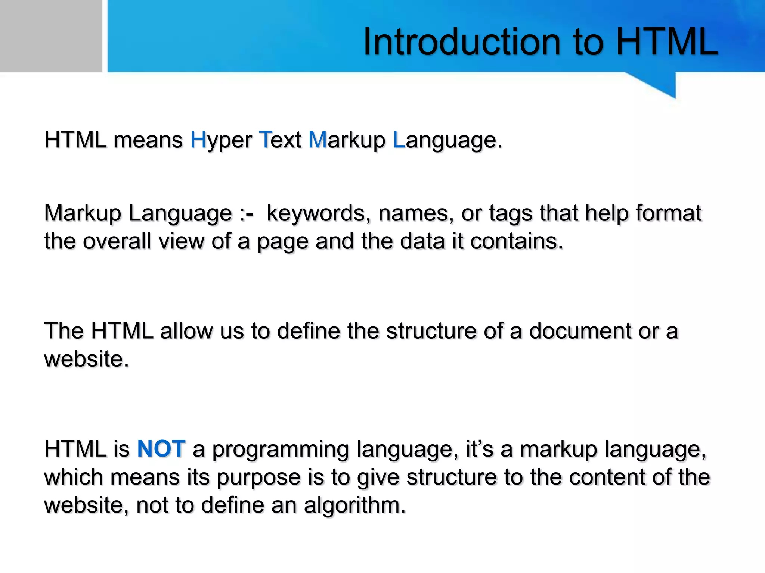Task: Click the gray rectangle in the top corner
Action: point(51,36)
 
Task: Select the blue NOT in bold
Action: point(161,448)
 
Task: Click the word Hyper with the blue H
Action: point(221,141)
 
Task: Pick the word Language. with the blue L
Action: point(447,141)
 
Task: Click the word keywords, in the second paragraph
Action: point(316,214)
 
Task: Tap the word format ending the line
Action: point(668,213)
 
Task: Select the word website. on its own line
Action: point(87,359)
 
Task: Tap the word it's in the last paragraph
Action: point(480,449)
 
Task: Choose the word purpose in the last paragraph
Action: point(258,478)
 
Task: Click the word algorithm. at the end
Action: point(354,506)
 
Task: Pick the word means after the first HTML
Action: point(148,140)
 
